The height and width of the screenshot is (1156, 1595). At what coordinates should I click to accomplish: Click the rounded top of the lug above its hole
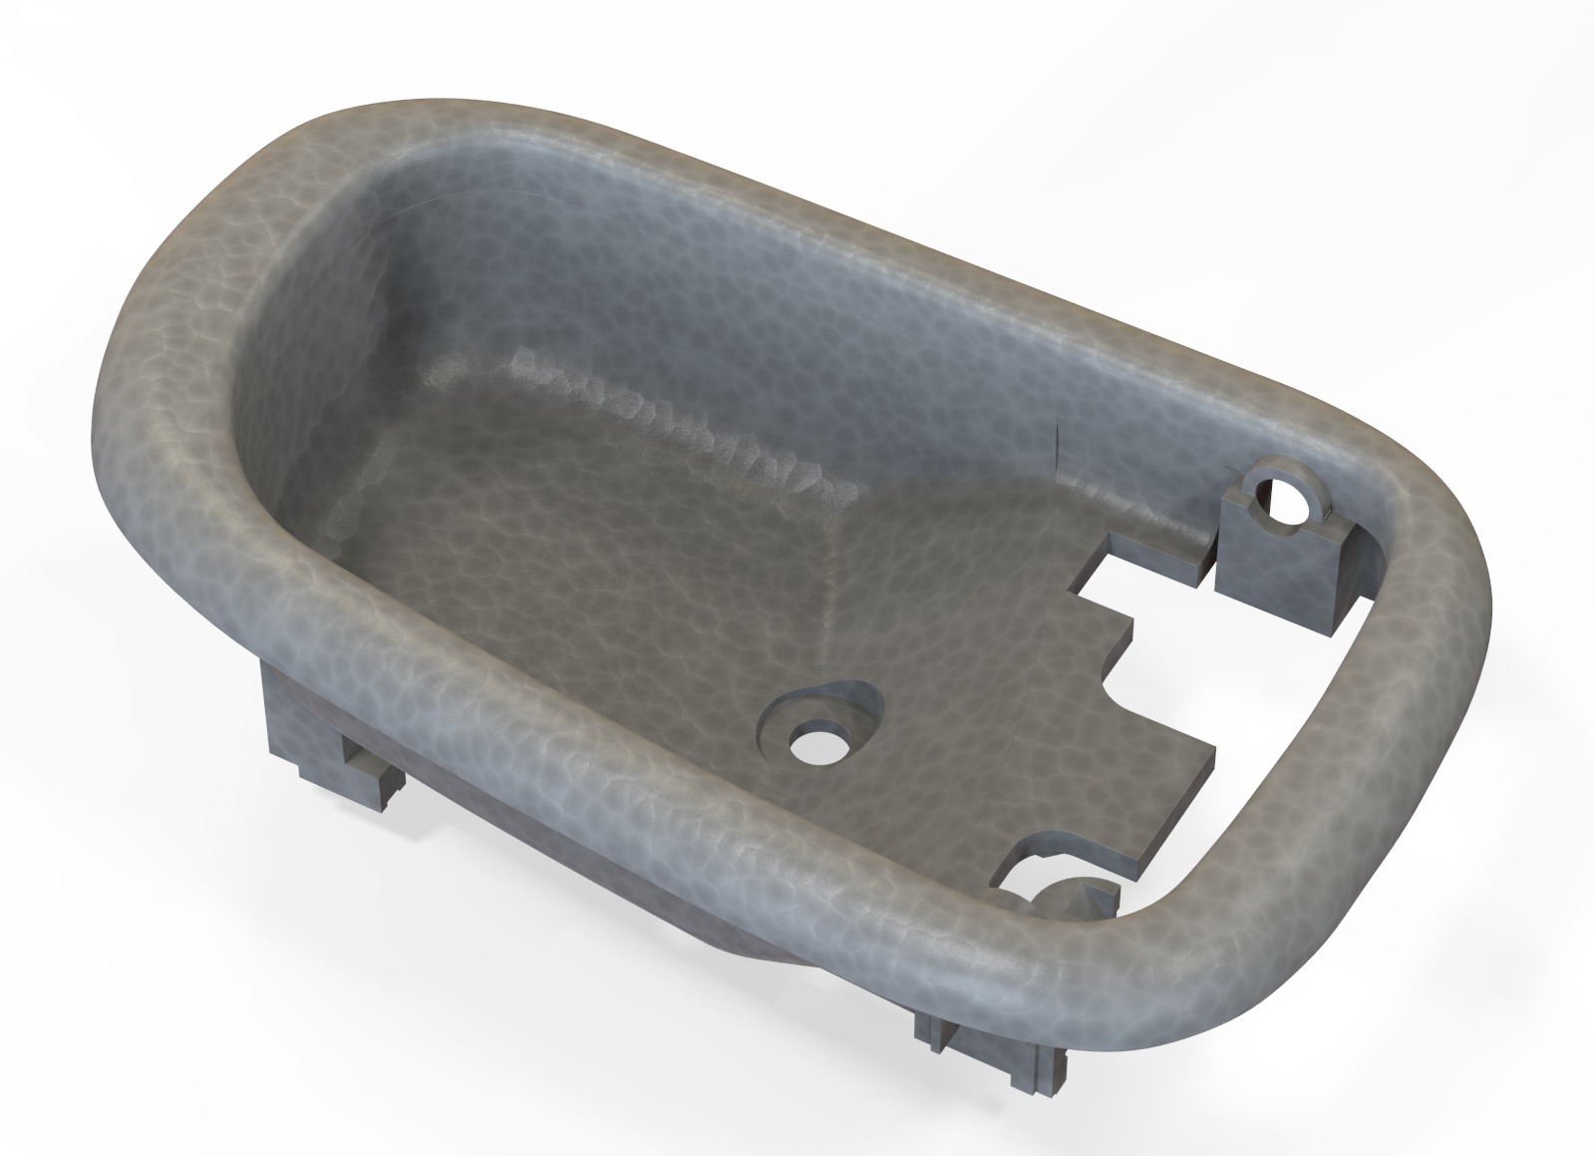coord(1286,468)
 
